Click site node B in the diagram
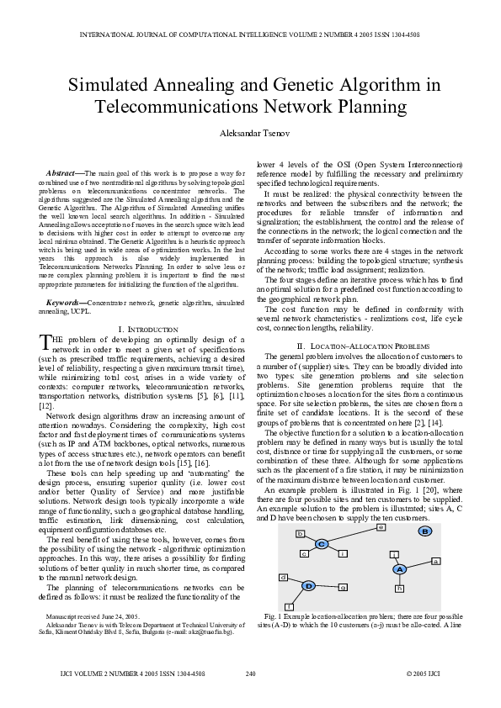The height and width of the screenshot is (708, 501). click(425, 531)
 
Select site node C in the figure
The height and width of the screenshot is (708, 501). click(322, 545)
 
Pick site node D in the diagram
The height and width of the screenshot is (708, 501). click(308, 585)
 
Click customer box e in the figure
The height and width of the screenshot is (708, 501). click(380, 527)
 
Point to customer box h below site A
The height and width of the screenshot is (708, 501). click(399, 588)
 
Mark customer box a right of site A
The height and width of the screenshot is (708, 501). click(435, 560)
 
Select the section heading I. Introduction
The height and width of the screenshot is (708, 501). click(147, 328)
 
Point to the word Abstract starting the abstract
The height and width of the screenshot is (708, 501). click(63, 172)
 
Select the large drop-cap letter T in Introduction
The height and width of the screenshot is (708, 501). click(46, 341)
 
